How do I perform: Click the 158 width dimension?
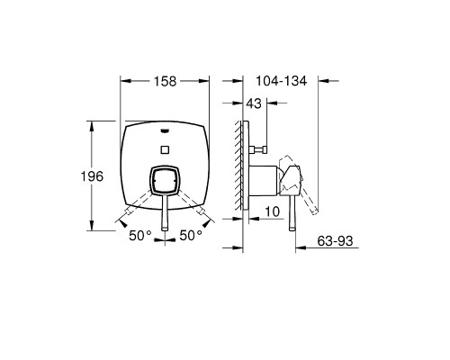(x=165, y=81)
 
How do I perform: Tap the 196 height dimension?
(x=92, y=176)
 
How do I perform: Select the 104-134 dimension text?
(x=281, y=81)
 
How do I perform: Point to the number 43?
(x=254, y=103)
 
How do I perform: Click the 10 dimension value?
(x=273, y=211)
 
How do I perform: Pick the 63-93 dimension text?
(x=335, y=241)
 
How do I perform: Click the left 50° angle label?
(x=140, y=236)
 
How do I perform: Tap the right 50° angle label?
(x=191, y=236)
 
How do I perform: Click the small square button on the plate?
(x=165, y=149)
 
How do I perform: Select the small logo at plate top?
(x=165, y=130)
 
